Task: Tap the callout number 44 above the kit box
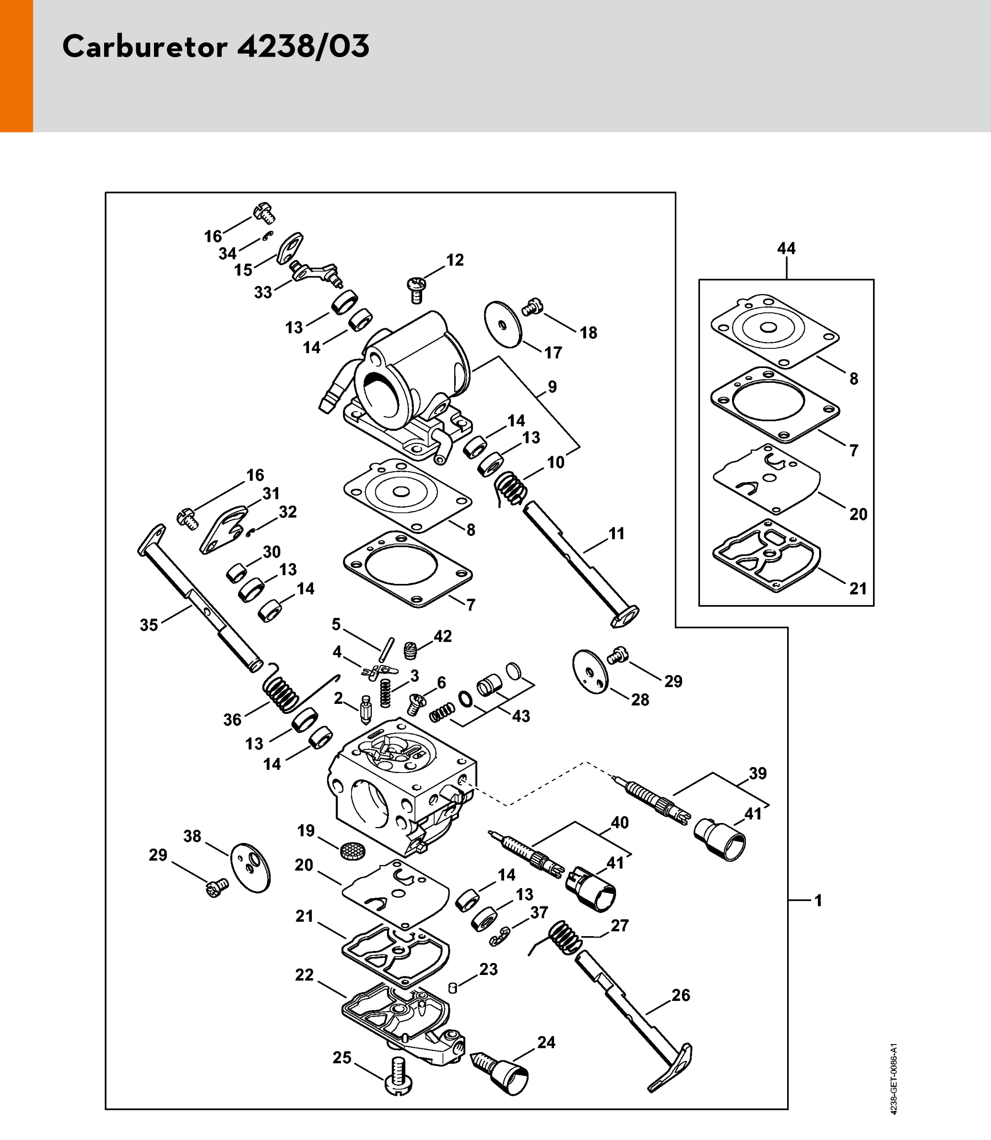[x=786, y=249]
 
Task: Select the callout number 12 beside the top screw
[x=455, y=260]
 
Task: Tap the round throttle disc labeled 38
[x=250, y=868]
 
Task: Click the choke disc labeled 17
[x=503, y=325]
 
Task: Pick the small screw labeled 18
[x=532, y=307]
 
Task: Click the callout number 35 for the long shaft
[x=149, y=625]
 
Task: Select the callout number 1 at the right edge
[x=818, y=901]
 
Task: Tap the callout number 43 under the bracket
[x=520, y=716]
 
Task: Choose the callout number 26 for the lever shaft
[x=680, y=995]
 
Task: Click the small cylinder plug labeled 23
[x=452, y=988]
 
